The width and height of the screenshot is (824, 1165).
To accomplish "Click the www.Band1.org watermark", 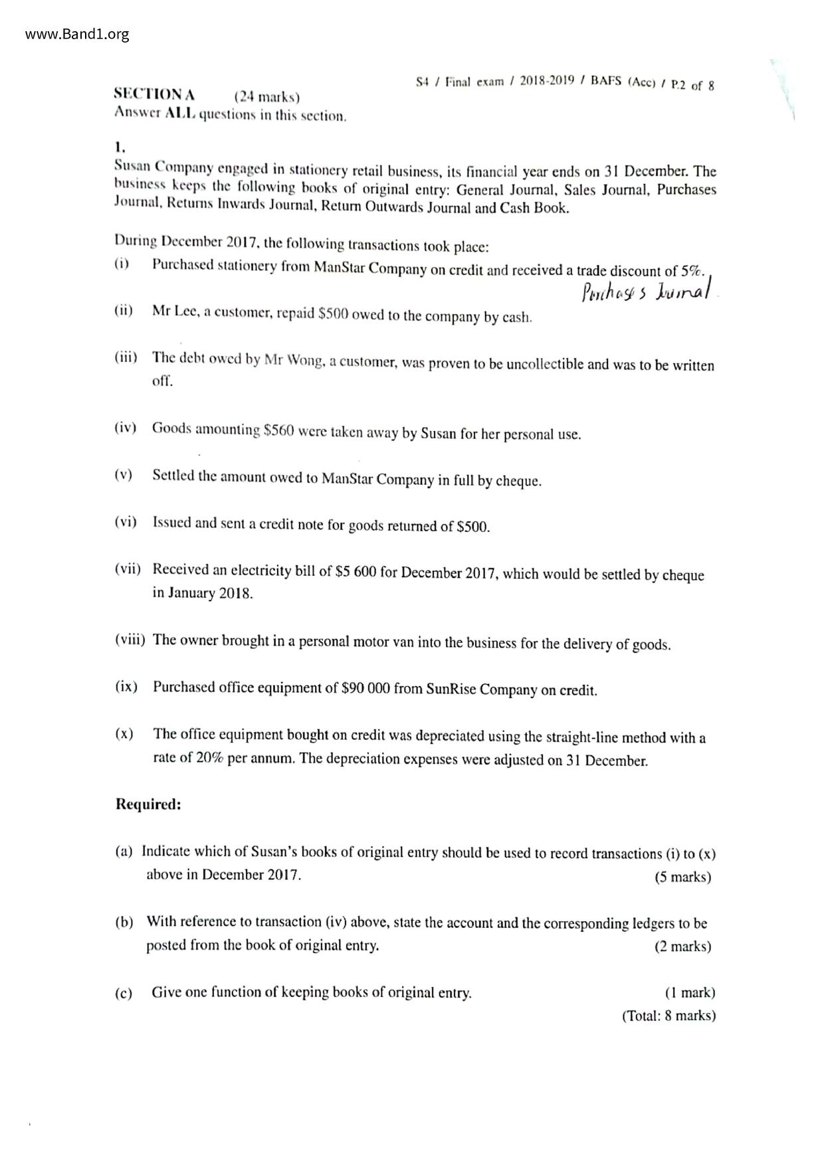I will [77, 34].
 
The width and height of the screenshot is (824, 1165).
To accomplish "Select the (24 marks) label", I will [266, 97].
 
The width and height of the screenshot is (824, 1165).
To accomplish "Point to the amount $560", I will [278, 430].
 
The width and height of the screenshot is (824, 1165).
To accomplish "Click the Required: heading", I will [148, 804].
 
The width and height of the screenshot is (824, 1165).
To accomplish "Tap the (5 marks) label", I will [682, 877].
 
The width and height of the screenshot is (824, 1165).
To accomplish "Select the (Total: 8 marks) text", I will [669, 1015].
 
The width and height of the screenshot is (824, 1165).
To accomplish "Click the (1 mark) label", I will [690, 992].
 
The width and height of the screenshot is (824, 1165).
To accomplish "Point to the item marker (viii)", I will [130, 640].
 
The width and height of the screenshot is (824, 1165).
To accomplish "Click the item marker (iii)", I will [126, 357].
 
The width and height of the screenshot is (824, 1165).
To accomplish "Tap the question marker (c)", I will [124, 993].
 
